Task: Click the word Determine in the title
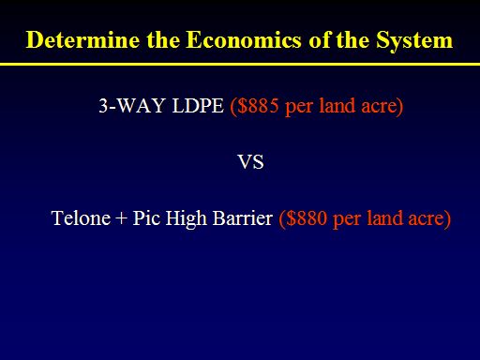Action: coord(82,40)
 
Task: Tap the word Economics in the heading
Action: coord(244,40)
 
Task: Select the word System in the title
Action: coord(414,41)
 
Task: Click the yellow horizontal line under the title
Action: coord(240,64)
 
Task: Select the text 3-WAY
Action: coord(132,105)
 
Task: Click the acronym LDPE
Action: coord(198,105)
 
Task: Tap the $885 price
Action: coord(258,105)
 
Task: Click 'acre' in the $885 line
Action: coord(379,106)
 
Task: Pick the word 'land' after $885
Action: coord(337,105)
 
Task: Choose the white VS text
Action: coord(250,162)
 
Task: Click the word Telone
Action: coord(81,217)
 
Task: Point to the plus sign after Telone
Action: coord(122,218)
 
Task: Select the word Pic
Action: coord(146,217)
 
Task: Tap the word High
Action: coord(187,219)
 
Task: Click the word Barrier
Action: coord(243,217)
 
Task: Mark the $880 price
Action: coord(307,217)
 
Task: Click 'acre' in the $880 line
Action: coord(427,218)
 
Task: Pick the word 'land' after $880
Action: coord(384,217)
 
